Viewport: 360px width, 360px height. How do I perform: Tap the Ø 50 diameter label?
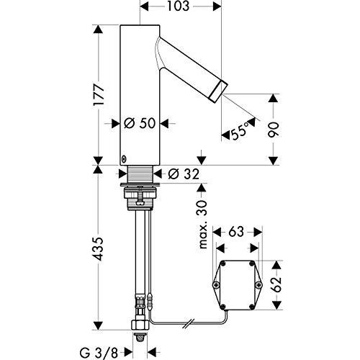point(141,124)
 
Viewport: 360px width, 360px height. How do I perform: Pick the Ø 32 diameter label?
point(185,174)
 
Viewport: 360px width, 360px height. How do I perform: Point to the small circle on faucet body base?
point(123,160)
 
